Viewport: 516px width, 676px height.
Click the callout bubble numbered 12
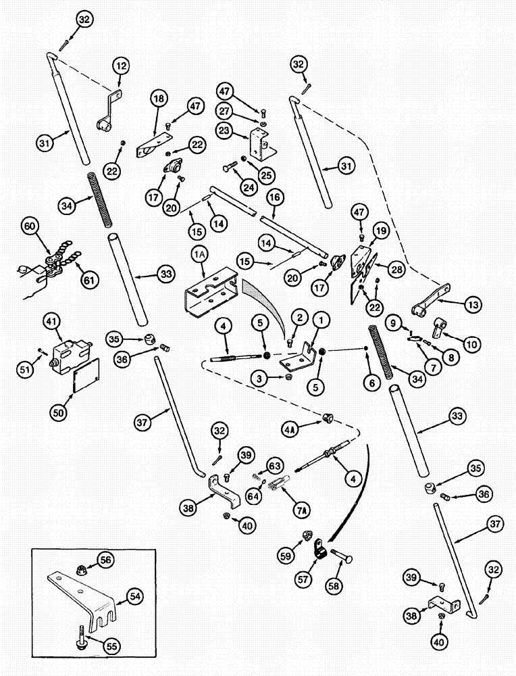click(x=121, y=66)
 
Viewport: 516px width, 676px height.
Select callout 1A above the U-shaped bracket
click(x=200, y=256)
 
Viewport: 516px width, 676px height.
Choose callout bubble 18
click(x=159, y=99)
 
